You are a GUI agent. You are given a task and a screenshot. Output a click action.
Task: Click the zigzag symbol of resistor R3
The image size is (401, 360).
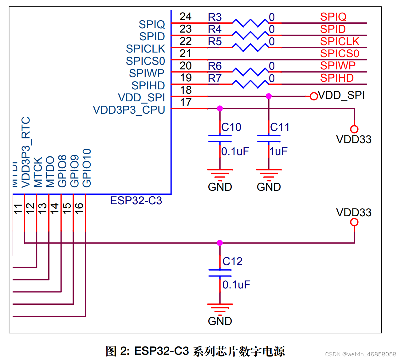250,23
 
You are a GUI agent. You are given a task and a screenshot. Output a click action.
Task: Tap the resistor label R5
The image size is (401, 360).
215,41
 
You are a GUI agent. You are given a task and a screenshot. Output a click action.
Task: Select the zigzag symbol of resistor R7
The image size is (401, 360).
250,84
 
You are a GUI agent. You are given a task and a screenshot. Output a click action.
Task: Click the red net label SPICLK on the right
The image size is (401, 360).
340,41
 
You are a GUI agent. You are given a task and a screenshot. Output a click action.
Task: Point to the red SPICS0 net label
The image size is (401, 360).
340,53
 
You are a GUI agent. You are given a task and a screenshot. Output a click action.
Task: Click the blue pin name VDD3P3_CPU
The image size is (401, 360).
129,110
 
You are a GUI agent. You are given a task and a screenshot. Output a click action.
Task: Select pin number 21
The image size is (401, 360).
186,53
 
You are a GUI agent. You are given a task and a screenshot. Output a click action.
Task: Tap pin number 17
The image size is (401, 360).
186,102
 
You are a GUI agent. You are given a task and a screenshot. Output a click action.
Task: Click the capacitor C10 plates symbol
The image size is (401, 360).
220,139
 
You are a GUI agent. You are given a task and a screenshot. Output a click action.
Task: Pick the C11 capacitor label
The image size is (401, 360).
280,127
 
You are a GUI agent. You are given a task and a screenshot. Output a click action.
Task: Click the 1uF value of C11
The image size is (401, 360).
278,151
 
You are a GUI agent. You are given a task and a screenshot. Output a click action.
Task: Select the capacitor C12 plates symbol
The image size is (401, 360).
220,273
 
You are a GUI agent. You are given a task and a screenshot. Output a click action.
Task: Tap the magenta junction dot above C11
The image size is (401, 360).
269,96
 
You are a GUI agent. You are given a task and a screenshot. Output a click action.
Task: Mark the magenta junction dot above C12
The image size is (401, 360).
220,243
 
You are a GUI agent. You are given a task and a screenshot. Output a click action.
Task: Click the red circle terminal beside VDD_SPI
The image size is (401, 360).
313,96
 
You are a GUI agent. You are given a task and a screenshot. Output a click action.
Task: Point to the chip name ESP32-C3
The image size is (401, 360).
136,201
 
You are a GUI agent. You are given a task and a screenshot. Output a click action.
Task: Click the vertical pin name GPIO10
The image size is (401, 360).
87,168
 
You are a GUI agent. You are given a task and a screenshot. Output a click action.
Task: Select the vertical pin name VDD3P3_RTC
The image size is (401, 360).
26,152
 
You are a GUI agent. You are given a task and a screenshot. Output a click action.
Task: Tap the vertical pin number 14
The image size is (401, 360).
54,208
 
